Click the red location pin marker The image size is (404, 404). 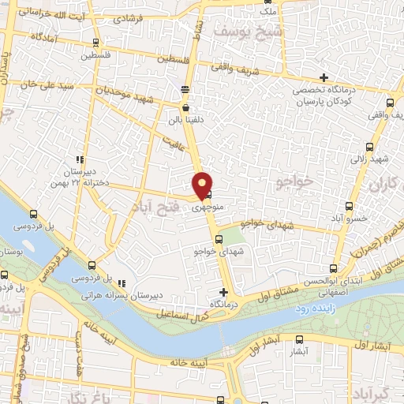(203, 183)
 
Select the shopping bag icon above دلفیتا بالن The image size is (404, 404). (185, 108)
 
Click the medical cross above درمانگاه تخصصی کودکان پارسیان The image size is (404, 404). (324, 77)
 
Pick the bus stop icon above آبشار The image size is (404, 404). (297, 338)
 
